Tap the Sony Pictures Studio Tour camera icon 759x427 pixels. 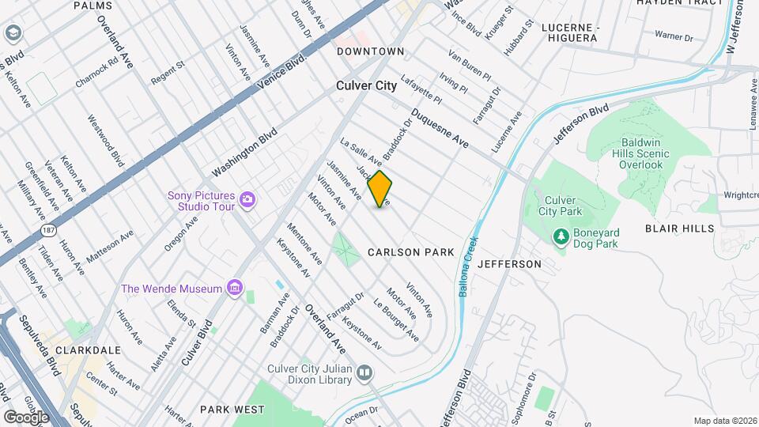point(247,198)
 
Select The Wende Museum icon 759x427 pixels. point(233,289)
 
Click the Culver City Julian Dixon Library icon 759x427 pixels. point(364,372)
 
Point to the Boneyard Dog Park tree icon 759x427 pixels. point(561,236)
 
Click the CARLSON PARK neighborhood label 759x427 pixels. point(411,252)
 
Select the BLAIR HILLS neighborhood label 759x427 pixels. point(679,229)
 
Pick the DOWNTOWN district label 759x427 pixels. point(370,51)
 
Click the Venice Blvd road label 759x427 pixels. point(283,71)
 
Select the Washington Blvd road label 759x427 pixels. point(245,152)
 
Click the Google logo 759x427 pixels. point(26,416)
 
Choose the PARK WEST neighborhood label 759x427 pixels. point(232,410)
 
